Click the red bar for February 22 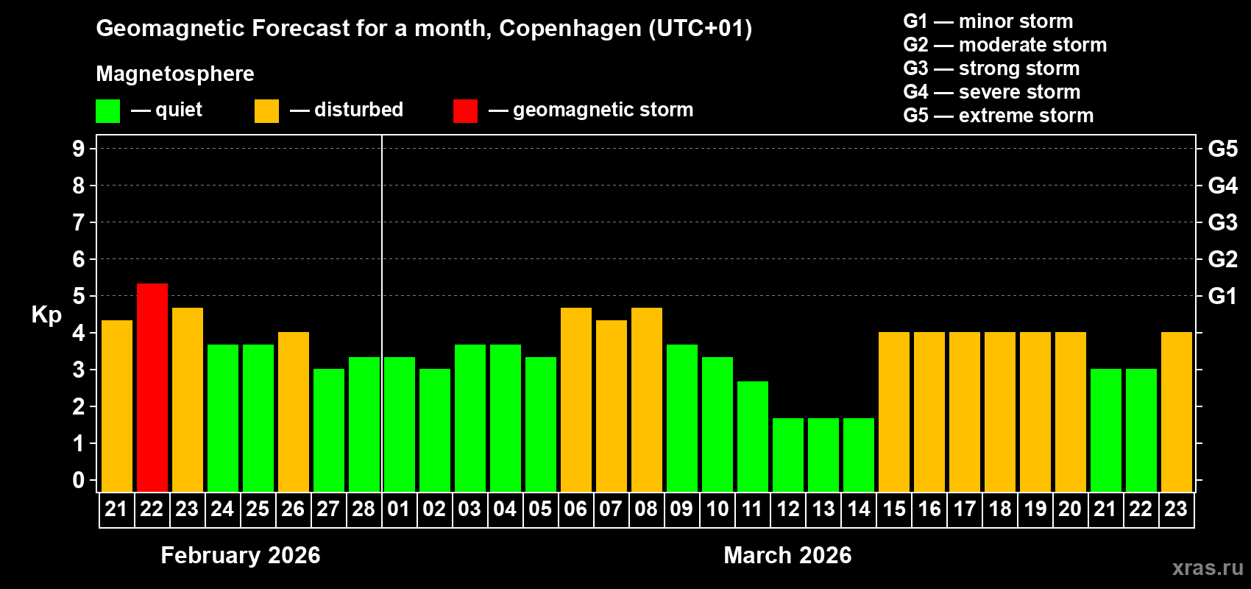tap(152, 387)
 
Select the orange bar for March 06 tap(576, 400)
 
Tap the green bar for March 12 tap(788, 455)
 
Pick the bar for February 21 tap(117, 406)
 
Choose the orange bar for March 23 tap(1177, 412)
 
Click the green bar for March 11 tap(753, 437)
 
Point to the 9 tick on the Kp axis tap(79, 149)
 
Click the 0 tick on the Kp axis tap(79, 480)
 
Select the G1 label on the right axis tap(1222, 296)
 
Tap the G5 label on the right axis tap(1222, 149)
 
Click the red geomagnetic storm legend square tap(465, 111)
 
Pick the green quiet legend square tap(108, 111)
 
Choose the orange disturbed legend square tap(266, 111)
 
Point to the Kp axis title tap(46, 314)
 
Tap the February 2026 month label tap(241, 555)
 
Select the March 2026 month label tap(787, 555)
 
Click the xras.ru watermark tap(1208, 568)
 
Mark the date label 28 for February tap(364, 509)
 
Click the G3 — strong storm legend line tap(991, 68)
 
